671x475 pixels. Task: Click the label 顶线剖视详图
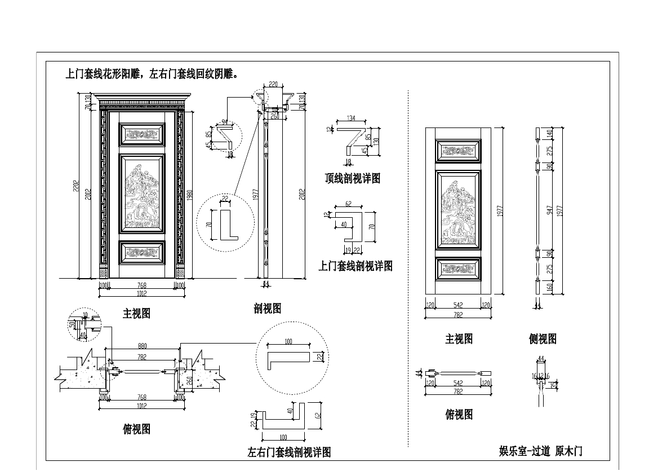tap(353, 179)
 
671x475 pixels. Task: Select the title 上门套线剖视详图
tap(355, 266)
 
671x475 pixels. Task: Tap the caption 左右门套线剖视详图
tap(288, 452)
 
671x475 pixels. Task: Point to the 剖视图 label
tap(267, 309)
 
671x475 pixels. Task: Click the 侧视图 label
tap(543, 339)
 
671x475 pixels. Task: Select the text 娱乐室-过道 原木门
tap(540, 451)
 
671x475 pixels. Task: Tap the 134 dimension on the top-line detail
tap(350, 118)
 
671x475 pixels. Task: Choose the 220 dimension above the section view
tap(273, 84)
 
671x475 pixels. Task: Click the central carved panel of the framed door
tap(142, 193)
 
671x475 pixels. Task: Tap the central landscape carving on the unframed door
tap(459, 209)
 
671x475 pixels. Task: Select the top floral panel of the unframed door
tap(459, 151)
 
